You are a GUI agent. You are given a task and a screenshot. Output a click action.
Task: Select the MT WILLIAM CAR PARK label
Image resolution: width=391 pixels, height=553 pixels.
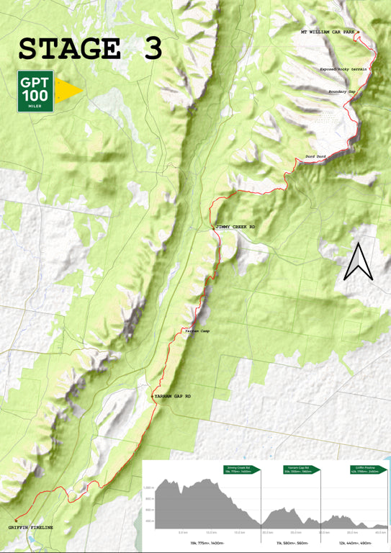328,32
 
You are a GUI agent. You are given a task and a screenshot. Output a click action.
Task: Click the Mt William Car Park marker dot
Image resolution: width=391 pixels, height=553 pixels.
357,33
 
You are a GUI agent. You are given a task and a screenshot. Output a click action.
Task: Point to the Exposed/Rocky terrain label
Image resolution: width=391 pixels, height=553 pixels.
343,69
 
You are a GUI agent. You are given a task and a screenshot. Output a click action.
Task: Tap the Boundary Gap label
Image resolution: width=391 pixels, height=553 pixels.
342,91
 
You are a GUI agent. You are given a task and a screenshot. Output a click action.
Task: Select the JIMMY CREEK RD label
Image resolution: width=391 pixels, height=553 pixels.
236,228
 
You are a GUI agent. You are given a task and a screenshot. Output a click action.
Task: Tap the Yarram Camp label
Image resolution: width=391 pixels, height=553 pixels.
197,331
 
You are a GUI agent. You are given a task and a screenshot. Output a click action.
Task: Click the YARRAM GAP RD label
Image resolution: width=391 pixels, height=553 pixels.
173,397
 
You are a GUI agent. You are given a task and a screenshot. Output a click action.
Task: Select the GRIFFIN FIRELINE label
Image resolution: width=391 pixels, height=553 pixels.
31,529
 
